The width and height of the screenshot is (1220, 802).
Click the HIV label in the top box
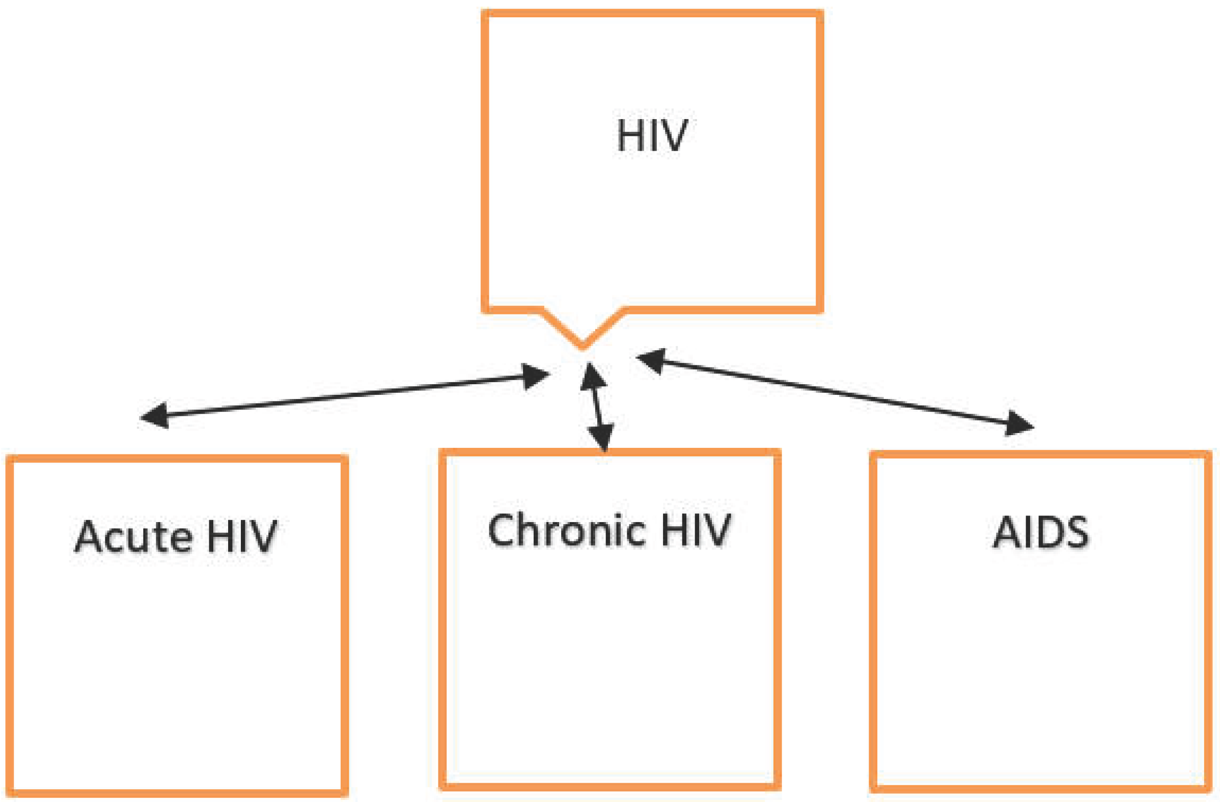(x=652, y=135)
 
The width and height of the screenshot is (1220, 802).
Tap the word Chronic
(x=566, y=530)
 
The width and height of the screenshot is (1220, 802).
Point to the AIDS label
(x=1041, y=533)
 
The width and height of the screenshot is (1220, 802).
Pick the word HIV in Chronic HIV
(x=696, y=530)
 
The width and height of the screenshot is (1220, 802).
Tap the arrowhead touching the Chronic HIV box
(x=601, y=437)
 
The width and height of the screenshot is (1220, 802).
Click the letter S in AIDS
(x=1076, y=533)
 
